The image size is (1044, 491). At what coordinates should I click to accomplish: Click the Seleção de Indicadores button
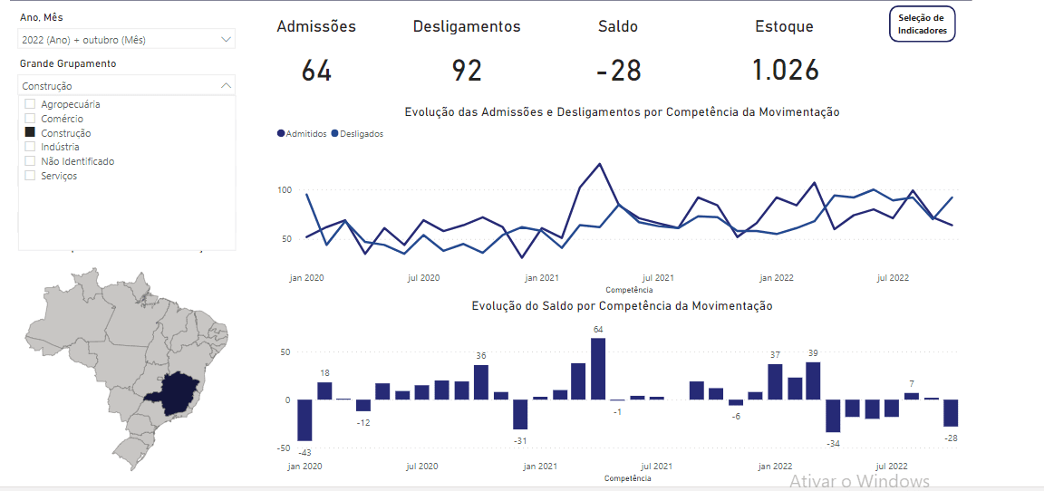click(x=922, y=24)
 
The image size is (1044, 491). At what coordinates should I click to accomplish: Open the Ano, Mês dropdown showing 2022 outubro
click(x=126, y=39)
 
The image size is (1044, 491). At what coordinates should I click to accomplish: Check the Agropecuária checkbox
click(x=30, y=104)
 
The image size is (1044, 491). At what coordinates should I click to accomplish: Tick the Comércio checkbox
click(x=30, y=119)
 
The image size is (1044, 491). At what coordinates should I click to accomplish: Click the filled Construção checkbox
click(x=30, y=133)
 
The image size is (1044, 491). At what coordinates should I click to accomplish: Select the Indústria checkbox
click(x=30, y=147)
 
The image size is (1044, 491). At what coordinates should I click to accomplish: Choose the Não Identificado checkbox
click(x=30, y=161)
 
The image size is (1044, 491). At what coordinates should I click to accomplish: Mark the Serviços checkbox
click(x=30, y=176)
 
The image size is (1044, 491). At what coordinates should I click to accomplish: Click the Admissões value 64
click(x=316, y=71)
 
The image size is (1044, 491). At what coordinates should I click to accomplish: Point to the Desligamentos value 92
click(x=467, y=71)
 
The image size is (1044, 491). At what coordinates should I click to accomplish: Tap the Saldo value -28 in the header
click(x=619, y=71)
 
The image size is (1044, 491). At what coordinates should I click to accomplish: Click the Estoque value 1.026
click(x=785, y=71)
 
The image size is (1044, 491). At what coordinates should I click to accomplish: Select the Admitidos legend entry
click(x=302, y=134)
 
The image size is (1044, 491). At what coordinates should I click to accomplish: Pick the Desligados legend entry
click(x=358, y=134)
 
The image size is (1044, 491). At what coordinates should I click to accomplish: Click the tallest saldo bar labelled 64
click(x=598, y=369)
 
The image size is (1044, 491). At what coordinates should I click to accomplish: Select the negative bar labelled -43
click(x=304, y=419)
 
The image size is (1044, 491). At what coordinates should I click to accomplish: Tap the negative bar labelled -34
click(x=833, y=415)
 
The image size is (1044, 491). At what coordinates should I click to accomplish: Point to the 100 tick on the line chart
click(x=285, y=190)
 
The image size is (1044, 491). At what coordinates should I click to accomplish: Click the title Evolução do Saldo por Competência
click(x=622, y=306)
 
